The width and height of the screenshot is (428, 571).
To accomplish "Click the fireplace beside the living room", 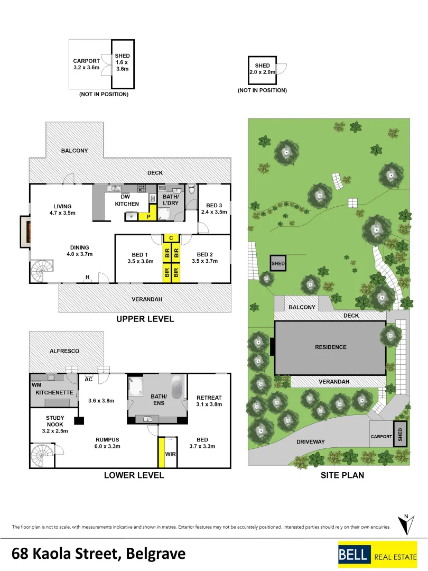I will [24, 231].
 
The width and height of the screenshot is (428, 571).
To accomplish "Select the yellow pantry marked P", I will [148, 216].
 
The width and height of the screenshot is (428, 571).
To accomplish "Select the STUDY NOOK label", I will [55, 421].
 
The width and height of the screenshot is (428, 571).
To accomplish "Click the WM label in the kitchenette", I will [36, 385].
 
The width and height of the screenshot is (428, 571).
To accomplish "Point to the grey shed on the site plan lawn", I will [278, 263].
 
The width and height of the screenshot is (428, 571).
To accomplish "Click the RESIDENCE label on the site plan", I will [331, 347].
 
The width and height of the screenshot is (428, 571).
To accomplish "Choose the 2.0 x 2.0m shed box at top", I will [262, 69].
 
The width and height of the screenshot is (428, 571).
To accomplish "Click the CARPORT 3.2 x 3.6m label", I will [86, 64].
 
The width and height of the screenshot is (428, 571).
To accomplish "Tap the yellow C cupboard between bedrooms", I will [171, 238].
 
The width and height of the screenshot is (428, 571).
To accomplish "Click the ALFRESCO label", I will [64, 351].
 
